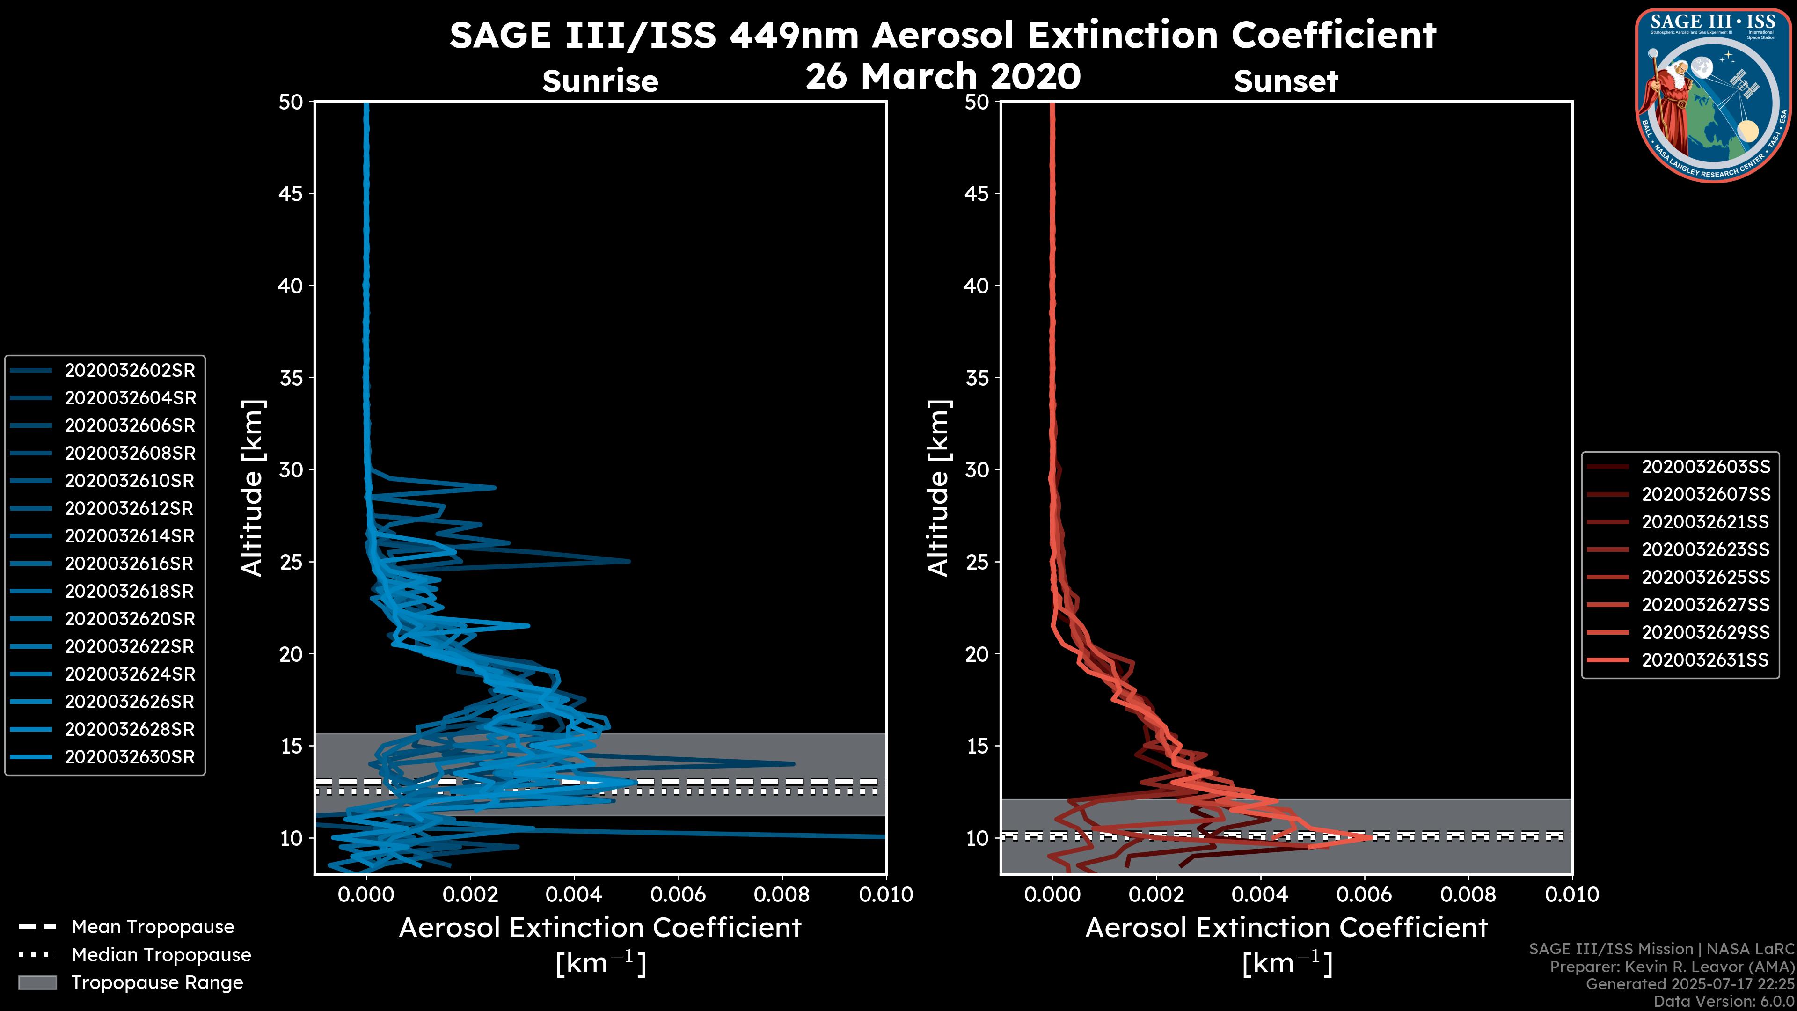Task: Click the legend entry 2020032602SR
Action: pyautogui.click(x=130, y=371)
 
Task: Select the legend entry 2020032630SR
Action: pyautogui.click(x=130, y=757)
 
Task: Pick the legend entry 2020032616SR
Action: pyautogui.click(x=130, y=564)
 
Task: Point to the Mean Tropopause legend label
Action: pyautogui.click(x=152, y=927)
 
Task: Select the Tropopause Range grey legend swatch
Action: pyautogui.click(x=37, y=982)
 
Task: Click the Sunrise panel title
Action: pyautogui.click(x=600, y=81)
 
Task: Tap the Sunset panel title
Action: pyautogui.click(x=1286, y=81)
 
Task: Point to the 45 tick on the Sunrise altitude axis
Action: pyautogui.click(x=291, y=193)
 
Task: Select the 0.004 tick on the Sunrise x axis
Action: pyautogui.click(x=574, y=894)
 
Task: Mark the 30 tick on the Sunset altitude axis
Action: pyautogui.click(x=977, y=469)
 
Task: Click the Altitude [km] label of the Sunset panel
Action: pyautogui.click(x=938, y=488)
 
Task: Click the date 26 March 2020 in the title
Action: pyautogui.click(x=942, y=76)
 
